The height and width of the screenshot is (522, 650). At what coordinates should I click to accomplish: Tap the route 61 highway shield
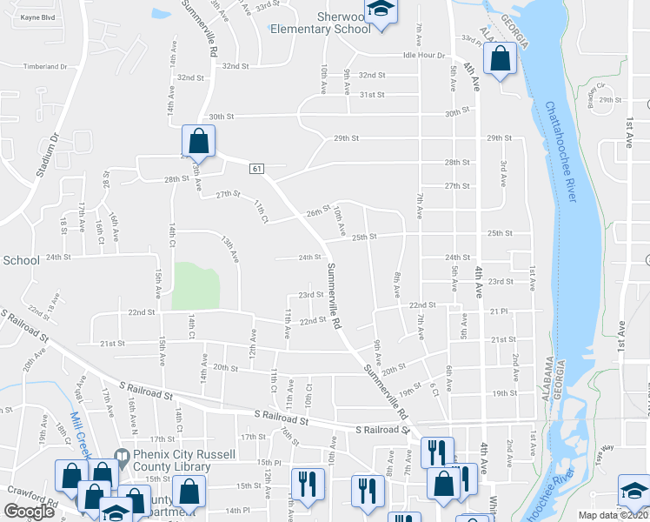coord(258,167)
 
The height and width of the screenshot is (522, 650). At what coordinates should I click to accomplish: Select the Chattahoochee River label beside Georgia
coord(561,153)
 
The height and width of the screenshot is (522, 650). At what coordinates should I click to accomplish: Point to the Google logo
coord(29,512)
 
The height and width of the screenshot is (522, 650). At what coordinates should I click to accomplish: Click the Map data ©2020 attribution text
coord(612,515)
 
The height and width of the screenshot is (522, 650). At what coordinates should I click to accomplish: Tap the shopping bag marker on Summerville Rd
coord(199,141)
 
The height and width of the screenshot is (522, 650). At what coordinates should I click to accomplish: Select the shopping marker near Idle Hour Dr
coord(501,61)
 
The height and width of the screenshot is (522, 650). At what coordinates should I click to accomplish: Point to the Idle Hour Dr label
coord(423,55)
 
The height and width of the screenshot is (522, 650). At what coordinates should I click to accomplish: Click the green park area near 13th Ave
coord(196,285)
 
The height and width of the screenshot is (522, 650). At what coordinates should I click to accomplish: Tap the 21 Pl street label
coord(498,311)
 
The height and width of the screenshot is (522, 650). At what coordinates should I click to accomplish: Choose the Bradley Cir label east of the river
coord(596,91)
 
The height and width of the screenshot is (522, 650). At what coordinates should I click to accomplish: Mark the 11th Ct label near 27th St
coord(261,211)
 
